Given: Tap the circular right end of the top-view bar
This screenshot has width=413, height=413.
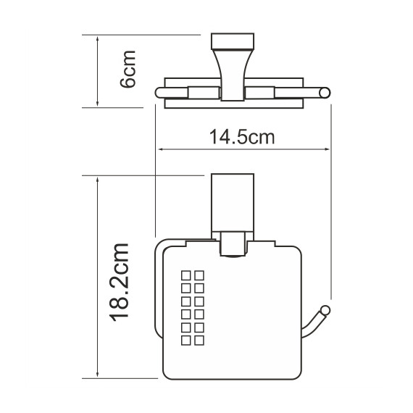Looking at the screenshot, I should coord(327,91).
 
